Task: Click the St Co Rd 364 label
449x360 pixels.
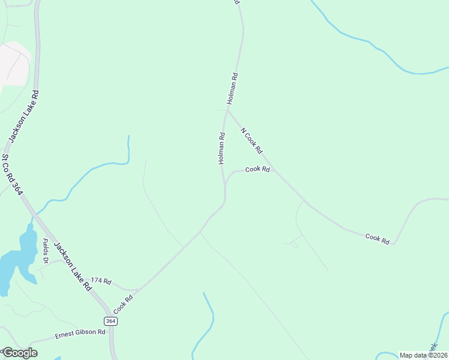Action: tap(12, 175)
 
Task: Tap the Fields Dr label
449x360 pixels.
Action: tap(45, 251)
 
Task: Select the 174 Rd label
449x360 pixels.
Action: tap(101, 281)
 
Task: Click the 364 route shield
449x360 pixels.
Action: tap(110, 322)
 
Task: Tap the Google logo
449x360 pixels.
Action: tap(19, 353)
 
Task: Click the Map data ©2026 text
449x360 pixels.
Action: tap(423, 355)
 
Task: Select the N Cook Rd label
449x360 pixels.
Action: tap(252, 140)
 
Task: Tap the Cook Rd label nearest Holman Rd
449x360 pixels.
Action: tap(258, 170)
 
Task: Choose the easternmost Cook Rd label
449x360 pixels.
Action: tap(378, 238)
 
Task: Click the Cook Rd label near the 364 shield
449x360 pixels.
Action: tap(122, 305)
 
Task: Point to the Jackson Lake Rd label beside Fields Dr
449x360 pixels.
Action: tap(72, 266)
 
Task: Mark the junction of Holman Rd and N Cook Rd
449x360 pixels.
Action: tap(228, 110)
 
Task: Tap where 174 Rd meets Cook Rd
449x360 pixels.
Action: tap(139, 290)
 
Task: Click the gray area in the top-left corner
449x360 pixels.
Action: tap(13, 63)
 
